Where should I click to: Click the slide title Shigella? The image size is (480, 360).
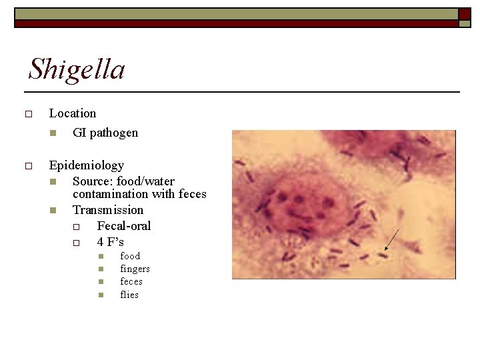coord(77,69)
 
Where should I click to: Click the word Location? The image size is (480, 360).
coord(73,113)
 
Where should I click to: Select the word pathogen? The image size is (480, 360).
coord(114,132)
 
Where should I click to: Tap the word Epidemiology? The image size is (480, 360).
coord(87,165)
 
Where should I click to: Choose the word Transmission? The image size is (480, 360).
coord(108,210)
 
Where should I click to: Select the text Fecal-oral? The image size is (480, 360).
coord(124,226)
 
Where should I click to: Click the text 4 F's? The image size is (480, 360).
coord(111,241)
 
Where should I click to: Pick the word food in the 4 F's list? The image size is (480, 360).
coord(130,256)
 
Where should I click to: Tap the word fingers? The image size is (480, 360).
coord(135,269)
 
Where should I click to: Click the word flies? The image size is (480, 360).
coord(129,295)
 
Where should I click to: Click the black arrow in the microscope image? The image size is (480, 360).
coord(392,240)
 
